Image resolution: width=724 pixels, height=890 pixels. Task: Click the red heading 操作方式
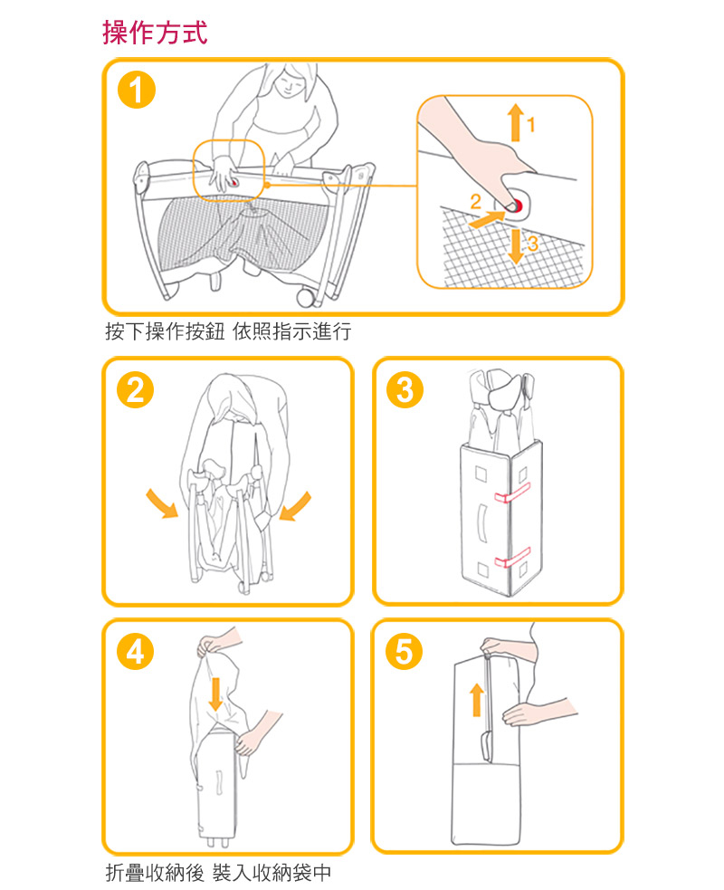[155, 33]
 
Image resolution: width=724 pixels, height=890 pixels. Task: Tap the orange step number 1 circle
[136, 91]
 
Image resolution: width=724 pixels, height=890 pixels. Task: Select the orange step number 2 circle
[135, 389]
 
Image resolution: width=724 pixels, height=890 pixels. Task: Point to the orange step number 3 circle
[405, 389]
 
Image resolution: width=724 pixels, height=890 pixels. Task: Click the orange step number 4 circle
[135, 651]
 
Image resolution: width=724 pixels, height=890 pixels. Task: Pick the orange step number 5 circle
[404, 651]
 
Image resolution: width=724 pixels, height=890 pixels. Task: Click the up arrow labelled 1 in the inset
[515, 122]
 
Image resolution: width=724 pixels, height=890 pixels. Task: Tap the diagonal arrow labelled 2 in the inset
[487, 219]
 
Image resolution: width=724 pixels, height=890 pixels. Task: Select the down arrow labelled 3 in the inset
[515, 246]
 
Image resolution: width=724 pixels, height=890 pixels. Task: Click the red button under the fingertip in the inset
[516, 205]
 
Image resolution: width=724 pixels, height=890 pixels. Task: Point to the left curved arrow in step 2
[162, 503]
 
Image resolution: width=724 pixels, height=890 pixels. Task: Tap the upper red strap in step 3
[512, 493]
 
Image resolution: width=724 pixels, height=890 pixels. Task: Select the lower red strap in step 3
[512, 558]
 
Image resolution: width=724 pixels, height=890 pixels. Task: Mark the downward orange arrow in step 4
[215, 693]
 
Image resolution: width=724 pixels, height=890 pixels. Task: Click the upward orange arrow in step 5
[477, 700]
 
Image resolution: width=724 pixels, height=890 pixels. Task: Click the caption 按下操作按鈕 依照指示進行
[228, 331]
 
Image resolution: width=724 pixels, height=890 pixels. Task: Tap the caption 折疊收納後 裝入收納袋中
[218, 873]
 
